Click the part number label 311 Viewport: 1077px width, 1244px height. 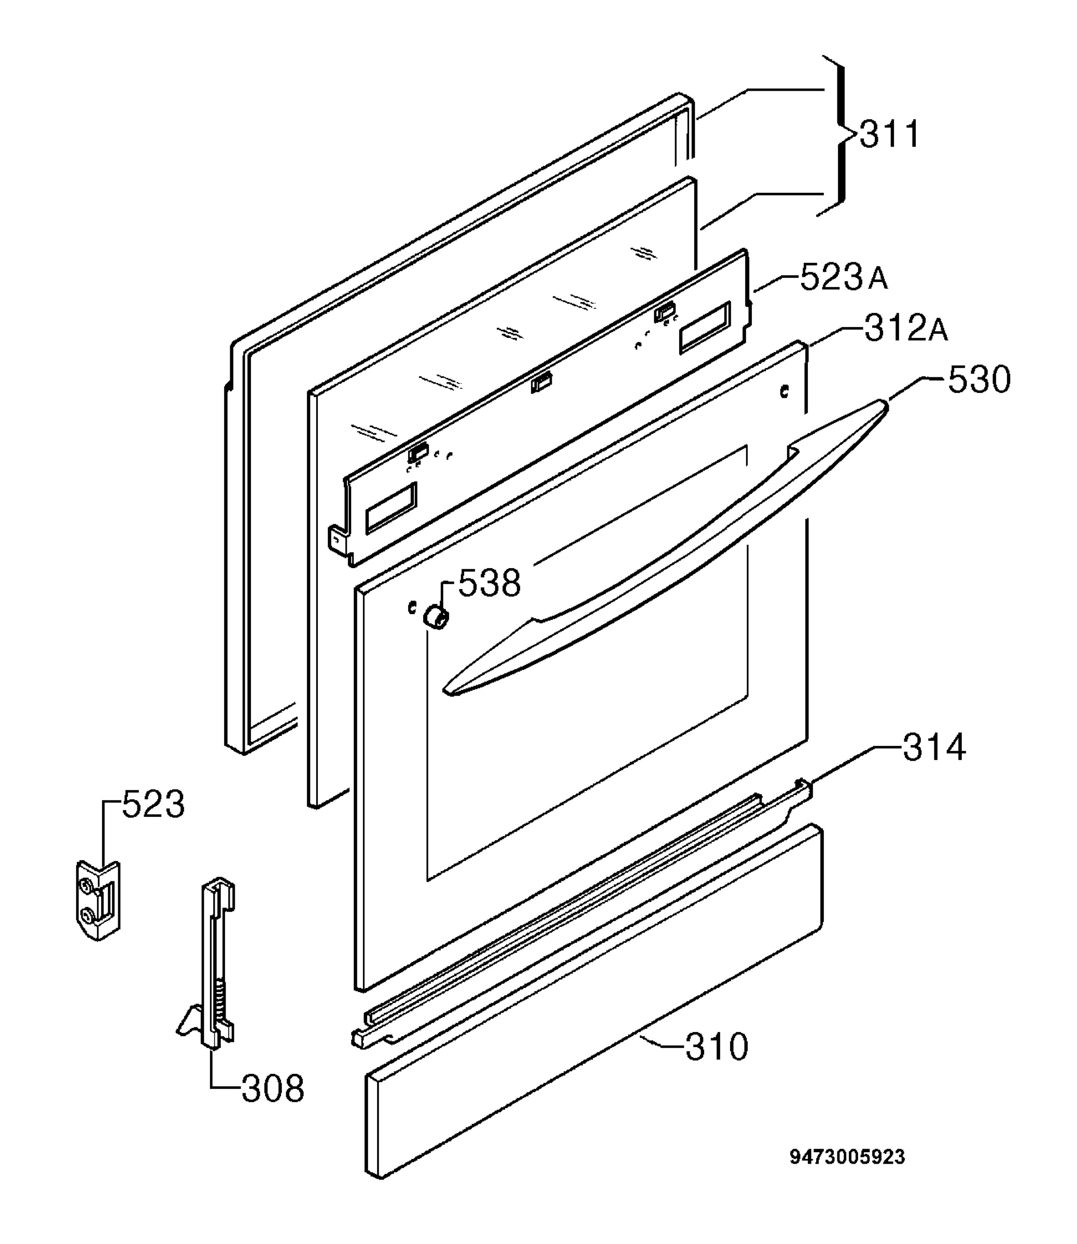[889, 135]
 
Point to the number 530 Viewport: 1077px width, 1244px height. [980, 380]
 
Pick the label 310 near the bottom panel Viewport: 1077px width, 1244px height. [717, 1047]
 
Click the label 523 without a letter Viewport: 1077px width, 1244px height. [153, 804]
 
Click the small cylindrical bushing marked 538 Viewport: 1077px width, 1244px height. [435, 617]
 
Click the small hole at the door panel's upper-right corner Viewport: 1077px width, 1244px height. [783, 392]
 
